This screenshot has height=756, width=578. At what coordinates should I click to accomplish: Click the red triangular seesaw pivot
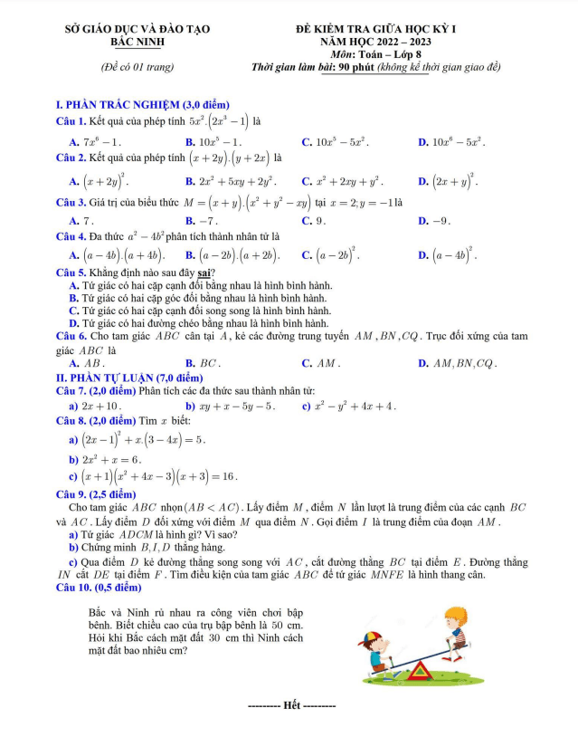(418, 671)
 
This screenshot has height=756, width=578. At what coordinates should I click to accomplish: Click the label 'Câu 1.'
(71, 120)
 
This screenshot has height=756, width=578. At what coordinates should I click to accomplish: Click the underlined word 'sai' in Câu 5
(205, 273)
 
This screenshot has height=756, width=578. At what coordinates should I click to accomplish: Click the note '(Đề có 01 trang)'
(137, 68)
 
